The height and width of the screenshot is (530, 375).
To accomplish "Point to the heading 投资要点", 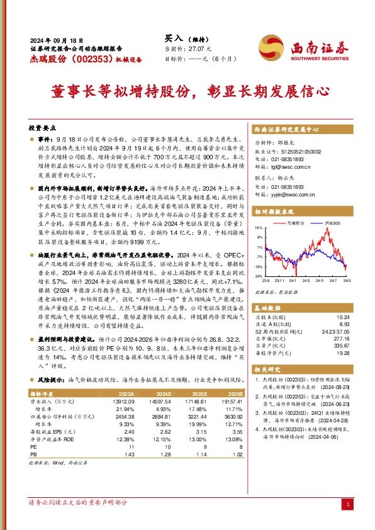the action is coord(41,126).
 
